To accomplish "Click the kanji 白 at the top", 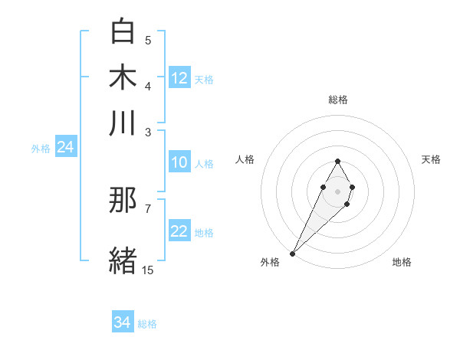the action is click(x=123, y=31).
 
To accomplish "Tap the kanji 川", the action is click(x=123, y=123).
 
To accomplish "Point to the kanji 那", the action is click(x=123, y=201).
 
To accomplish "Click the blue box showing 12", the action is click(x=179, y=78).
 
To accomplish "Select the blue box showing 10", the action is click(x=179, y=162).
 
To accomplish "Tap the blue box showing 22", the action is click(x=179, y=232).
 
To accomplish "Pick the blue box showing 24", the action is click(x=65, y=148).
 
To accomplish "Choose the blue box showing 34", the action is click(x=123, y=323).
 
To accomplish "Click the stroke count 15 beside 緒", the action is click(x=147, y=270).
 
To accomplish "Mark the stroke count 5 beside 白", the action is click(x=148, y=40).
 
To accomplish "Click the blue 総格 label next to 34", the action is click(x=147, y=324).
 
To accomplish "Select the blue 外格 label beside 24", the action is click(x=41, y=149).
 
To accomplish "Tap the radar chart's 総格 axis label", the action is click(x=338, y=100).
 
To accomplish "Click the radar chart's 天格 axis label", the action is click(x=431, y=159).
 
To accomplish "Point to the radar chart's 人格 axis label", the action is click(x=245, y=159).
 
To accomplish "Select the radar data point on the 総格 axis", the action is click(x=337, y=161).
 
